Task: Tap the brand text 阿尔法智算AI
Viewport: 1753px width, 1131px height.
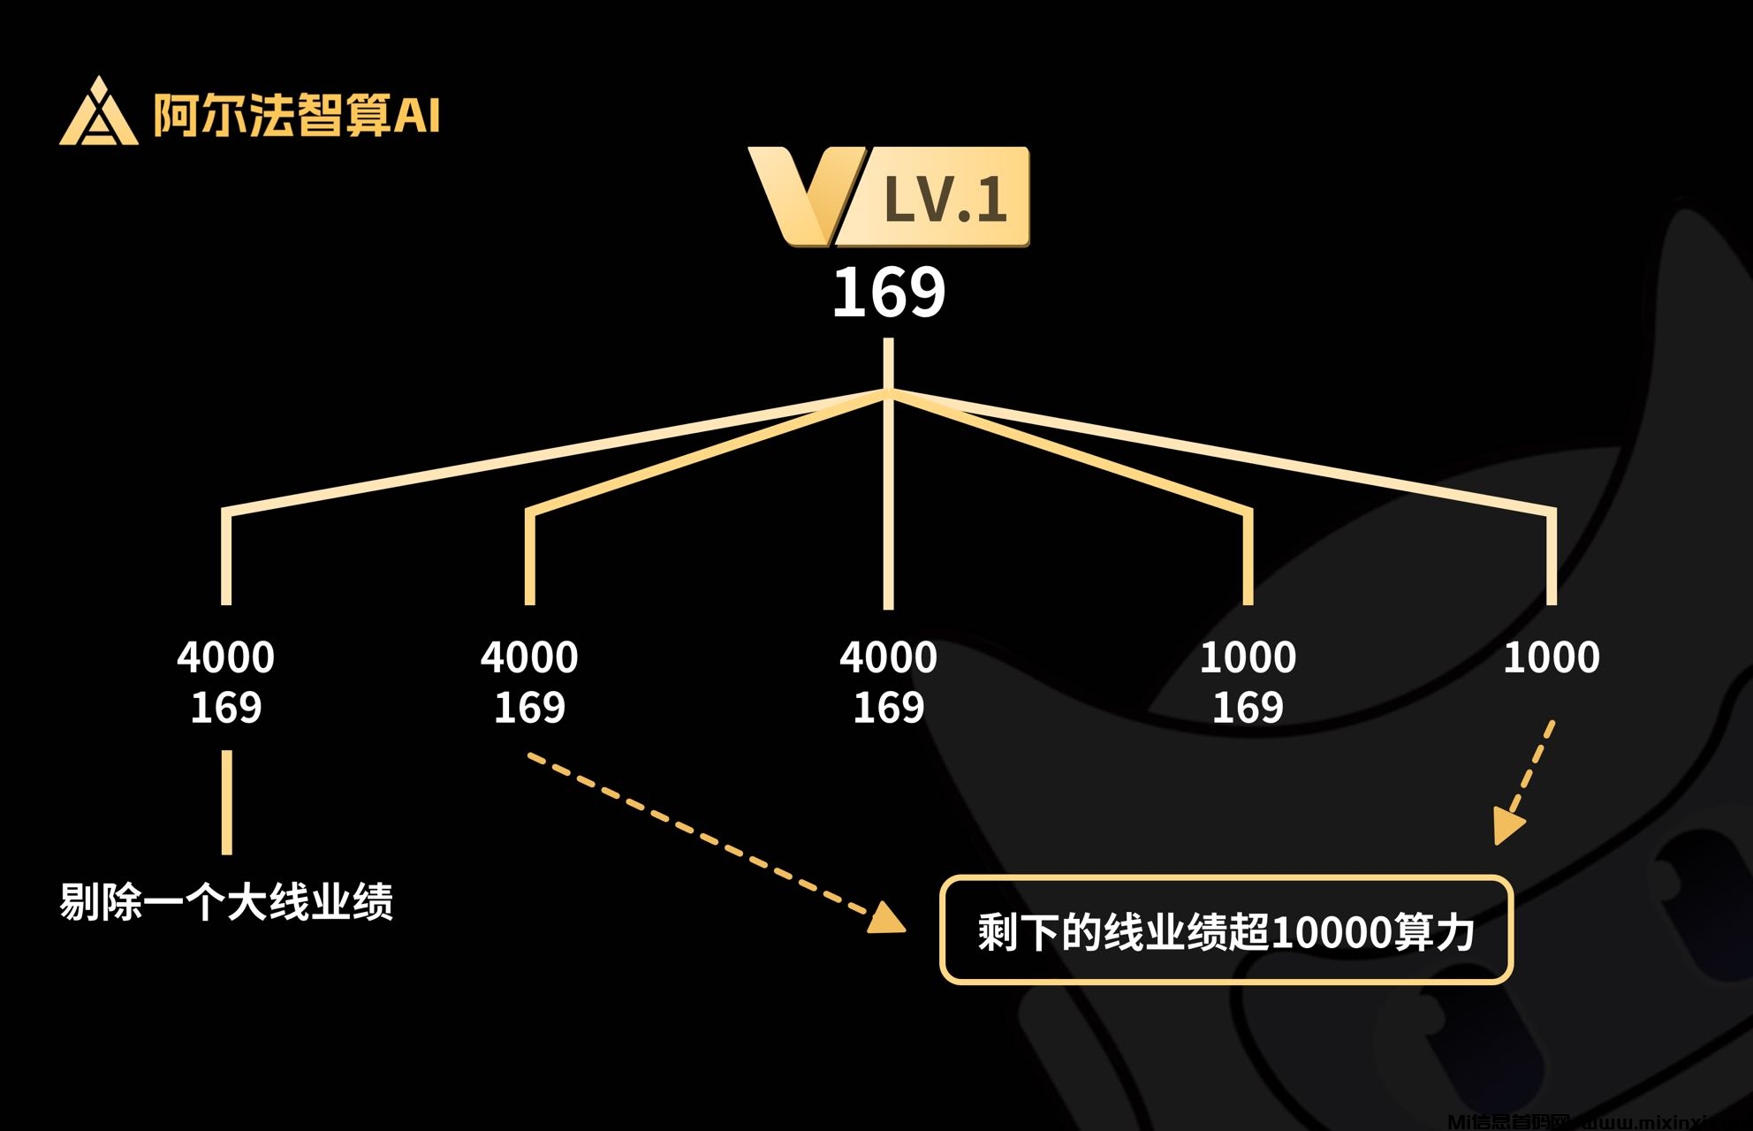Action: click(296, 115)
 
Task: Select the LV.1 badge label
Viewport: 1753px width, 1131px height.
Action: click(945, 199)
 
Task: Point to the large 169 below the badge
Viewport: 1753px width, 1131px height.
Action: click(889, 292)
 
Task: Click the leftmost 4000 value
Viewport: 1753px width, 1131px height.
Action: click(226, 657)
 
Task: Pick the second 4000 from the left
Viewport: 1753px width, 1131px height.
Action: click(529, 657)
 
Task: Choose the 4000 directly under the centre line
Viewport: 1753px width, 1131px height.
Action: click(888, 657)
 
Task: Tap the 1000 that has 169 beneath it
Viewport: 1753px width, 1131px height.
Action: click(1248, 657)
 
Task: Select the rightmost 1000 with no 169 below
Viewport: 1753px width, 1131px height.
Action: click(1552, 657)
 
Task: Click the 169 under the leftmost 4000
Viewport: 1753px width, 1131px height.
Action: click(226, 708)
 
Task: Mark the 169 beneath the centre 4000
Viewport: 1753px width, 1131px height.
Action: click(888, 708)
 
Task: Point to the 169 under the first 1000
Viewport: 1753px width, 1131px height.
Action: click(1248, 708)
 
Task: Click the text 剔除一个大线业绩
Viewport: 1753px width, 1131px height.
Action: click(226, 902)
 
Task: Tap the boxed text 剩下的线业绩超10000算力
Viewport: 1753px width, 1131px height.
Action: click(1226, 931)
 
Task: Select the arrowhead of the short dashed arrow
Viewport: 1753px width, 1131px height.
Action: click(1507, 825)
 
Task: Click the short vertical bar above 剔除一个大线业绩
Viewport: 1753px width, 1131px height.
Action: click(227, 802)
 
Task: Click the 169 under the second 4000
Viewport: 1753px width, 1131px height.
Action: click(529, 708)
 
